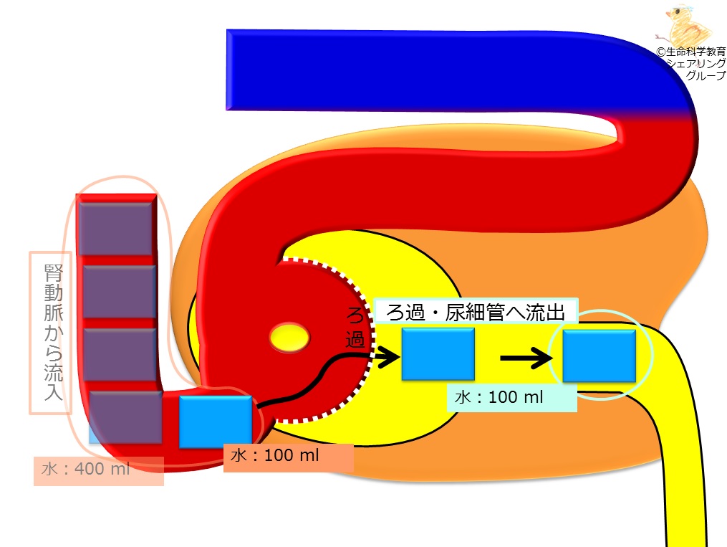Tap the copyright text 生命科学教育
pos(695,52)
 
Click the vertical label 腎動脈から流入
pos(53,332)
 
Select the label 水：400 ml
pos(86,469)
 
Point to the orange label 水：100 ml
pos(274,456)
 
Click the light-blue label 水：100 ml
pos(499,397)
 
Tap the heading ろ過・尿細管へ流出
pos(476,313)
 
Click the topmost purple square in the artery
pos(115,228)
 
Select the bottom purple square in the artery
pos(125,417)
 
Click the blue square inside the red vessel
pos(216,422)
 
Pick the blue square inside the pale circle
pos(599,356)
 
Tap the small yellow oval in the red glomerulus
pos(289,337)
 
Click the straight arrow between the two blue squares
pos(526,358)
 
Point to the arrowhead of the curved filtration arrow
pos(390,357)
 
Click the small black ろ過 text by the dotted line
pos(355,328)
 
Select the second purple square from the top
pos(119,291)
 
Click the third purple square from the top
pos(120,354)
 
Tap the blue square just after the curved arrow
pos(438,354)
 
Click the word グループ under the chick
pos(706,75)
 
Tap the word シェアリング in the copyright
pos(696,64)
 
